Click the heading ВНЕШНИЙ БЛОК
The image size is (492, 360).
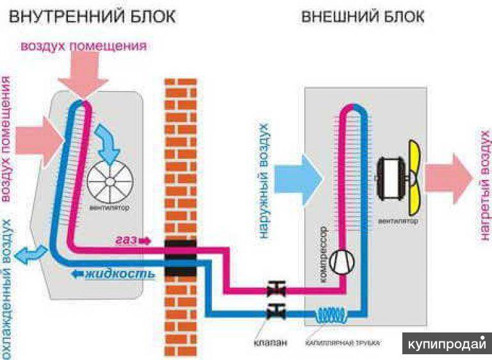362,16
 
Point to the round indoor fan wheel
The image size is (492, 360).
108,181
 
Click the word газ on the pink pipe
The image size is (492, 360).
128,241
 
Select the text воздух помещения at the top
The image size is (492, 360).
84,46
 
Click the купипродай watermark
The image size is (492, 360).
447,343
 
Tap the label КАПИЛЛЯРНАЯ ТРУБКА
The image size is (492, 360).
343,343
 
